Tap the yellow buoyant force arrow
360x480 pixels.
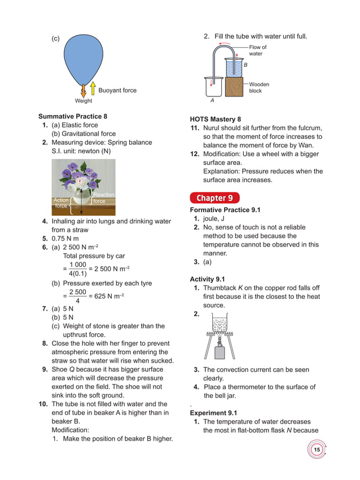[93, 89]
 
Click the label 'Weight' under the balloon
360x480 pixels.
[84, 102]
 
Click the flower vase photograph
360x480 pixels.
[84, 187]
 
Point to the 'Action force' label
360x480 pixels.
[61, 204]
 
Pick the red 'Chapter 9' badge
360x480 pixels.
[214, 198]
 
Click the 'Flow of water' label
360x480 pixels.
[258, 51]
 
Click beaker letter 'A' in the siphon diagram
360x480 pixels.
[212, 102]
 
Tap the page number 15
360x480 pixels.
[317, 450]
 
